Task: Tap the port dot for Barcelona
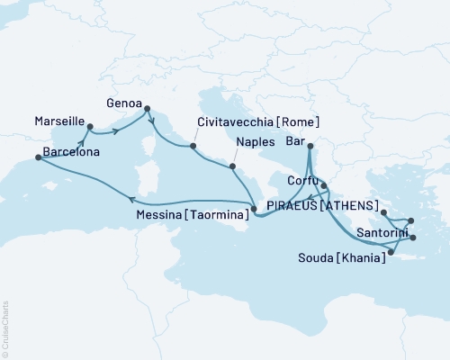(38, 157)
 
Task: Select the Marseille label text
(60, 119)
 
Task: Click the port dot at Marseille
(89, 127)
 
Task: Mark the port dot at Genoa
(147, 110)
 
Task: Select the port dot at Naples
(233, 166)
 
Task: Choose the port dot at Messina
(254, 210)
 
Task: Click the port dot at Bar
(310, 146)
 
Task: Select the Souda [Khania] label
(343, 257)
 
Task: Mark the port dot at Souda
(390, 252)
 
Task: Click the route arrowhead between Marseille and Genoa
(117, 133)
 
